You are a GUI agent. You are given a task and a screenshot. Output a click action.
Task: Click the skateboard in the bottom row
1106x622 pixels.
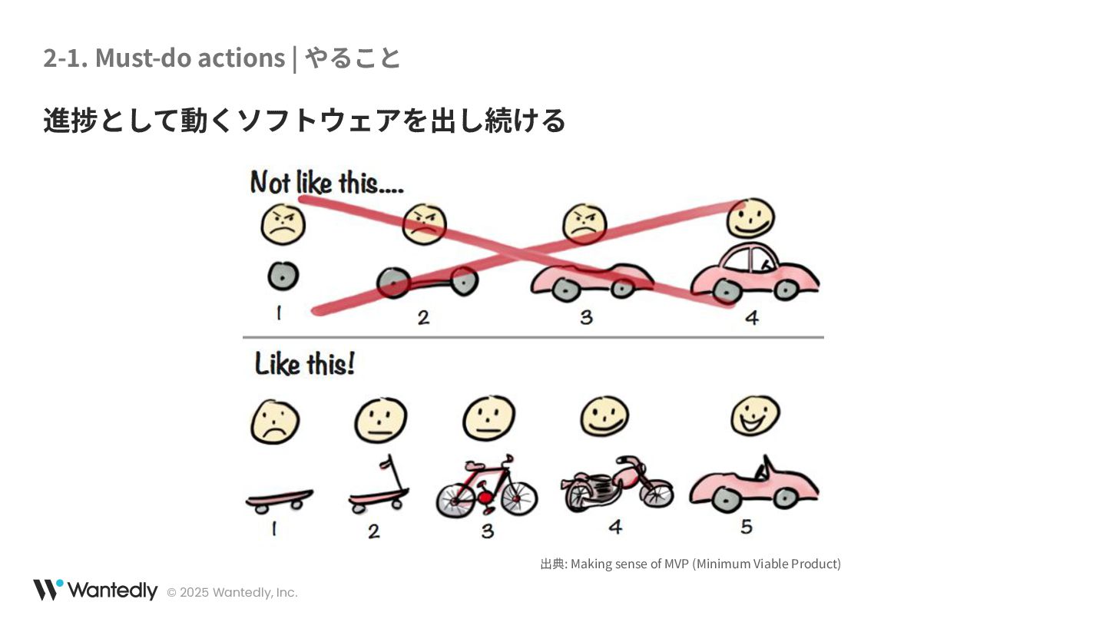point(279,500)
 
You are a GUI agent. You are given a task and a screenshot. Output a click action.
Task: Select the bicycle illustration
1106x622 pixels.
point(486,488)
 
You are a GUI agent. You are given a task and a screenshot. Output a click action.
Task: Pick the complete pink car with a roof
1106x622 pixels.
point(754,273)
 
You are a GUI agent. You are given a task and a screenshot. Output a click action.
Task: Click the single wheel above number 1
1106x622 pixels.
point(283,276)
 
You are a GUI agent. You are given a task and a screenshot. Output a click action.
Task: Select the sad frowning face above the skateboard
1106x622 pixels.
point(274,422)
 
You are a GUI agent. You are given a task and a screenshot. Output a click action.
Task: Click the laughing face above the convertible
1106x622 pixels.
point(755,415)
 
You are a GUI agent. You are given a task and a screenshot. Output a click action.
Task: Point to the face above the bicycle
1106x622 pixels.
point(488,418)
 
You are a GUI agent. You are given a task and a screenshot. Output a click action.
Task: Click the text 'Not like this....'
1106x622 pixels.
point(326,183)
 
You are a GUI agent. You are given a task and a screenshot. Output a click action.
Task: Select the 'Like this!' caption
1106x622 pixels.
point(305,364)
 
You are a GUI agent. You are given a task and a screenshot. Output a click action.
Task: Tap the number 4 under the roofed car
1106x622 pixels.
point(751,317)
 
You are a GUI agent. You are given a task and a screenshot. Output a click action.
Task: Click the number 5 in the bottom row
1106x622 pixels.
point(747,527)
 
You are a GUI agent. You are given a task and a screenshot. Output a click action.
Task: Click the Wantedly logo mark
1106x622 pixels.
point(48,590)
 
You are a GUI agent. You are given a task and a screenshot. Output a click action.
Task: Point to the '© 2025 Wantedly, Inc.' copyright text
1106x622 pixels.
point(232,593)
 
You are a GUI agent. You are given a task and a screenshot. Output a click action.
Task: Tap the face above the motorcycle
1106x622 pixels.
point(604,417)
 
